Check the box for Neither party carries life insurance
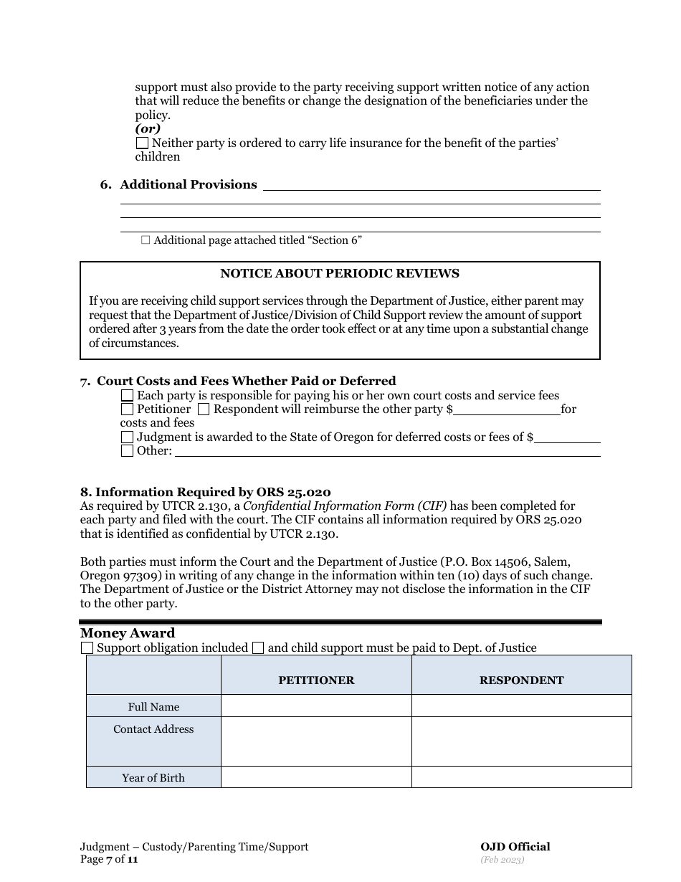(x=142, y=143)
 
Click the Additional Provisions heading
(x=188, y=185)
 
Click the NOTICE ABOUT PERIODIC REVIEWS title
(x=340, y=274)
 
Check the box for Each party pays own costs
(x=127, y=396)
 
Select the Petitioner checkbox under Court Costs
(x=127, y=409)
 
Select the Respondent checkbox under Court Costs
(x=204, y=409)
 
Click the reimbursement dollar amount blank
(x=507, y=409)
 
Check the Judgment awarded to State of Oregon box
(x=127, y=437)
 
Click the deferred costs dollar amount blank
(x=567, y=437)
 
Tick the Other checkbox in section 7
(x=127, y=451)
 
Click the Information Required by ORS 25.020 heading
(x=206, y=493)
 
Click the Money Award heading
(x=128, y=633)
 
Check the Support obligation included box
(x=87, y=648)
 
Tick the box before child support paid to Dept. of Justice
(x=258, y=648)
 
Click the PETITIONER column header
(x=316, y=681)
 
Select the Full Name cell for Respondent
(x=521, y=706)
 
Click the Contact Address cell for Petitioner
(x=316, y=741)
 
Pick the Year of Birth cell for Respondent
(x=521, y=777)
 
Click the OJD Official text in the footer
(x=515, y=847)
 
